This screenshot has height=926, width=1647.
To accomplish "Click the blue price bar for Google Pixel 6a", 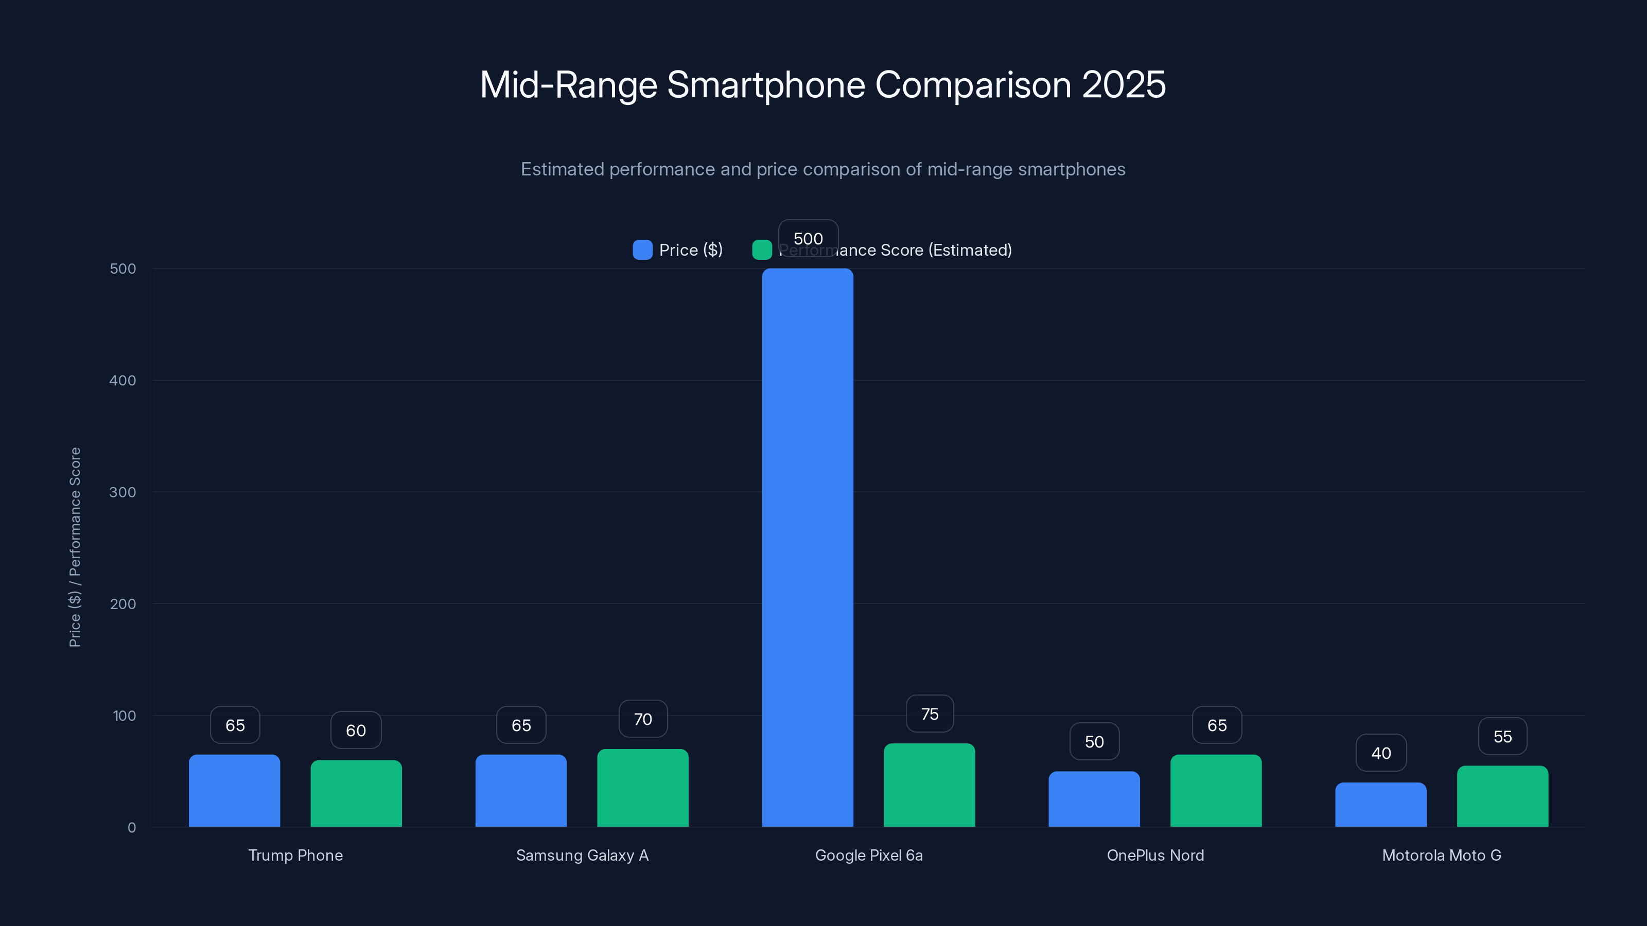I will (808, 547).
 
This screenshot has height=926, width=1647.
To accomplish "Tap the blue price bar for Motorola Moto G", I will (1380, 805).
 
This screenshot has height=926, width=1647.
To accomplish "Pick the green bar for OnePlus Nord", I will (1215, 791).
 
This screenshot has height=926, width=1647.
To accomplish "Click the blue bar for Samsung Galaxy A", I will (520, 791).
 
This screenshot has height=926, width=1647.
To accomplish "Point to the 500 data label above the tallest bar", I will (808, 238).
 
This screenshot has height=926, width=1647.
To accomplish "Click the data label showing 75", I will (930, 714).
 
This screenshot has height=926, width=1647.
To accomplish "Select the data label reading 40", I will (1380, 753).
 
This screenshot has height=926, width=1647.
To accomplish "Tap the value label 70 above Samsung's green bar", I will (642, 719).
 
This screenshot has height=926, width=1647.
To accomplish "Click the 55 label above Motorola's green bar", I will (1502, 736).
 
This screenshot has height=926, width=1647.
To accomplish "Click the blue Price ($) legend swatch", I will (642, 250).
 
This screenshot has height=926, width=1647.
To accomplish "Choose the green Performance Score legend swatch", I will (762, 250).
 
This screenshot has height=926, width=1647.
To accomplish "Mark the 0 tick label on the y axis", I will (132, 828).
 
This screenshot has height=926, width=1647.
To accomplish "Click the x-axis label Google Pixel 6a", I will (868, 855).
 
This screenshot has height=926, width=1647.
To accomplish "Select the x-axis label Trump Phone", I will (295, 855).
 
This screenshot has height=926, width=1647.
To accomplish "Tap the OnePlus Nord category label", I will (1154, 855).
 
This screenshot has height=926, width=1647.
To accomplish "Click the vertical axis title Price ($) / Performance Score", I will (75, 547).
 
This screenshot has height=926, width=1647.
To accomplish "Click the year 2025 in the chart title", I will (1124, 84).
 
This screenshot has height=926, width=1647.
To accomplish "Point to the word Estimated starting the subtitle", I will (562, 169).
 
